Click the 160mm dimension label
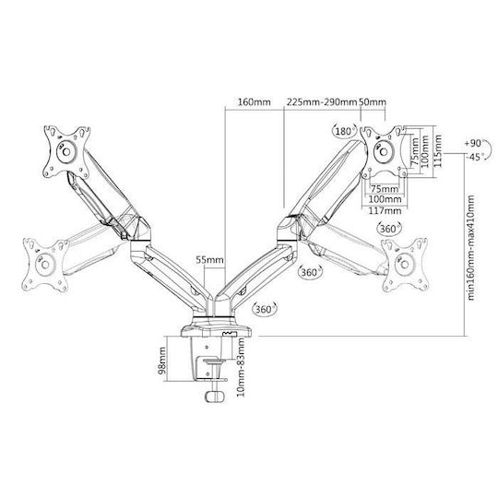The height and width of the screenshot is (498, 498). (255, 102)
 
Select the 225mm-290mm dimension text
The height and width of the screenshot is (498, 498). (323, 102)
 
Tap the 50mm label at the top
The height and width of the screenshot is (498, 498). (373, 102)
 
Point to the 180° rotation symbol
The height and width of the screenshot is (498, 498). (344, 131)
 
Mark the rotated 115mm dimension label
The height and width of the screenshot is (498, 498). (438, 150)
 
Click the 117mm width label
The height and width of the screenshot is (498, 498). (385, 210)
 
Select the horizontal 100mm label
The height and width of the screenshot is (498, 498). (385, 199)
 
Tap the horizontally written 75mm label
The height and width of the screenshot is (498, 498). (385, 189)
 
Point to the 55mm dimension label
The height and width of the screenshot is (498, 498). (209, 260)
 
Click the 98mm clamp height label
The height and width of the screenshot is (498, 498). (162, 361)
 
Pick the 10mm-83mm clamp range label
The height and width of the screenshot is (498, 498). (241, 366)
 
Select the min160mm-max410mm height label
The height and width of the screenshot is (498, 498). (470, 247)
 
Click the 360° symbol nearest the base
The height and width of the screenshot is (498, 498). (265, 309)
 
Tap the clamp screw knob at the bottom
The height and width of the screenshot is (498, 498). (215, 396)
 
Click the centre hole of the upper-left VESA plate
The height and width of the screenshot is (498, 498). (66, 152)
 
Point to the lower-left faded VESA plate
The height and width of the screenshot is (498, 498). (45, 265)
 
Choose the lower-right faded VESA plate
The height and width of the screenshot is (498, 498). (405, 265)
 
